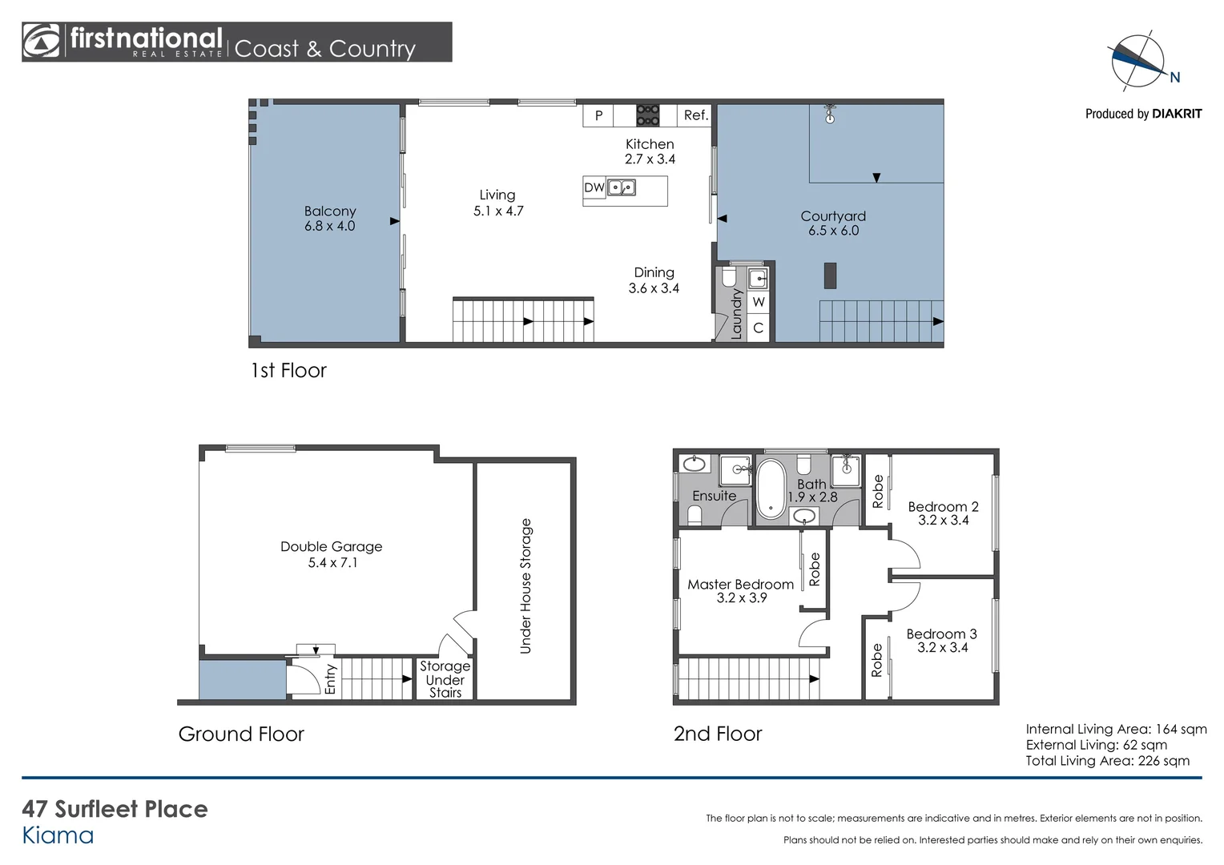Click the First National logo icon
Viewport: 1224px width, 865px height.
pyautogui.click(x=42, y=42)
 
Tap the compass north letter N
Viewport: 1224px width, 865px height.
pyautogui.click(x=1175, y=78)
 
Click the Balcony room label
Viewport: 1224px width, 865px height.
pyautogui.click(x=329, y=218)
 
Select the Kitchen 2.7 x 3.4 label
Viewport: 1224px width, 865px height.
pyautogui.click(x=650, y=151)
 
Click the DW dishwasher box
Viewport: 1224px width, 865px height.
pyautogui.click(x=594, y=188)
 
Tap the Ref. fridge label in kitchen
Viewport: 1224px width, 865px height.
pyautogui.click(x=695, y=115)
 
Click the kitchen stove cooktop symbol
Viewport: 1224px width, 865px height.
pyautogui.click(x=647, y=115)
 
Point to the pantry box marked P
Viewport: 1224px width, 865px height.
pyautogui.click(x=598, y=115)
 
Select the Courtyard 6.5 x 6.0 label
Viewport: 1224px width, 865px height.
pyautogui.click(x=833, y=223)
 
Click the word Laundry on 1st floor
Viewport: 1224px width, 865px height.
pyautogui.click(x=737, y=314)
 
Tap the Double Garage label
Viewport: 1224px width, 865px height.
pyautogui.click(x=332, y=554)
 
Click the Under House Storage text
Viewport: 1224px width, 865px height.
pyautogui.click(x=525, y=585)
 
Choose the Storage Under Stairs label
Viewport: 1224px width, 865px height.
pyautogui.click(x=445, y=679)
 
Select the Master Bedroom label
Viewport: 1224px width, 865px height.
pyautogui.click(x=741, y=591)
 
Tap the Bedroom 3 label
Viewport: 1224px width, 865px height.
pyautogui.click(x=942, y=640)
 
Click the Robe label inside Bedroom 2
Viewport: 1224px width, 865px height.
pyautogui.click(x=878, y=491)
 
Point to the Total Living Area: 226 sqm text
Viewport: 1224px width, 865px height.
pyautogui.click(x=1107, y=761)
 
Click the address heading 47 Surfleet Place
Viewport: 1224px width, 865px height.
pyautogui.click(x=115, y=809)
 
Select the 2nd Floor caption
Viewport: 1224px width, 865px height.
pyautogui.click(x=718, y=734)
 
